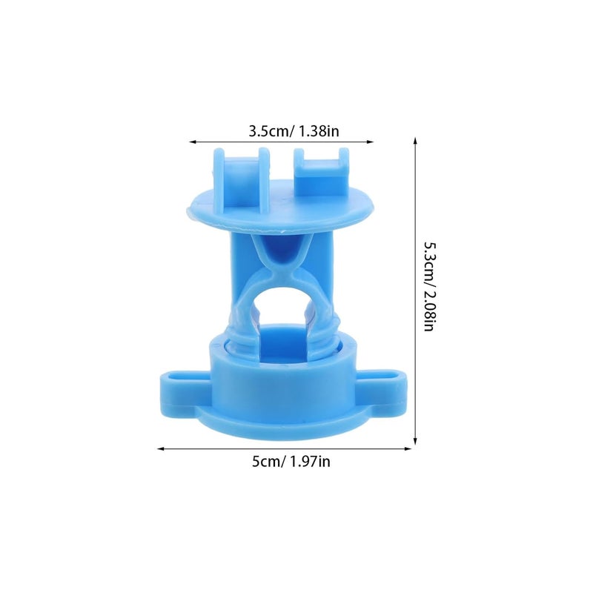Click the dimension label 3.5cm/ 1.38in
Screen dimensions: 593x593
[294, 131]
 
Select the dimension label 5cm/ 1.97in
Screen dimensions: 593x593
[291, 462]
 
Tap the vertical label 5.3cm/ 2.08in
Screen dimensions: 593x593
[429, 287]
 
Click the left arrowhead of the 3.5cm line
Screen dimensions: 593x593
[193, 142]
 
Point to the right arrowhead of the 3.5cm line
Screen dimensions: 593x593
[371, 142]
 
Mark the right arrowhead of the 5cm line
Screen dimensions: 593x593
[408, 449]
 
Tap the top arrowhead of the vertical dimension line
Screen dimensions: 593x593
[415, 141]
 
